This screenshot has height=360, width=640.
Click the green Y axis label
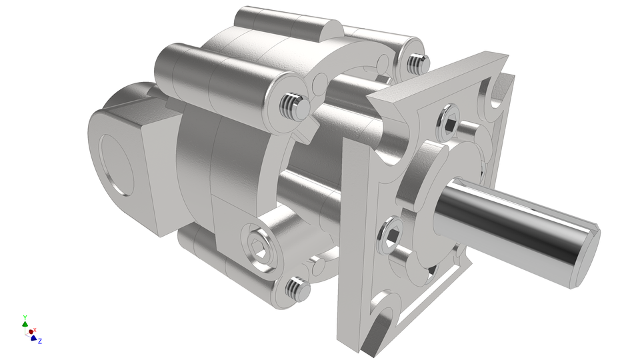tap(25, 317)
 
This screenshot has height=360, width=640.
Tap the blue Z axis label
tap(40, 341)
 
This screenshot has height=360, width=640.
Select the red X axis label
tap(35, 330)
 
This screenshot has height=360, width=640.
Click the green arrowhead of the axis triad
tap(25, 324)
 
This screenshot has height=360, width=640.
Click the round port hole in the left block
tap(120, 164)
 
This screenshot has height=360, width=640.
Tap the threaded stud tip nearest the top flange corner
tap(417, 63)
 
